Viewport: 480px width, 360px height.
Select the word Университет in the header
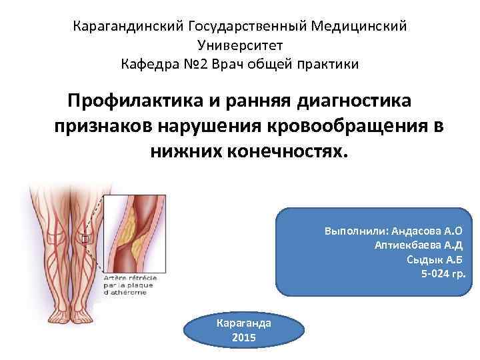(x=240, y=45)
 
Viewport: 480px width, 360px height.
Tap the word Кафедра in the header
(x=150, y=64)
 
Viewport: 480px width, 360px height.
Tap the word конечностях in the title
(x=279, y=149)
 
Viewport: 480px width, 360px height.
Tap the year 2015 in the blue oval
(x=244, y=337)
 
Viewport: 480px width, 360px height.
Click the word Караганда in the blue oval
(x=244, y=323)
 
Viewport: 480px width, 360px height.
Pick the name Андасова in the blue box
(x=416, y=231)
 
